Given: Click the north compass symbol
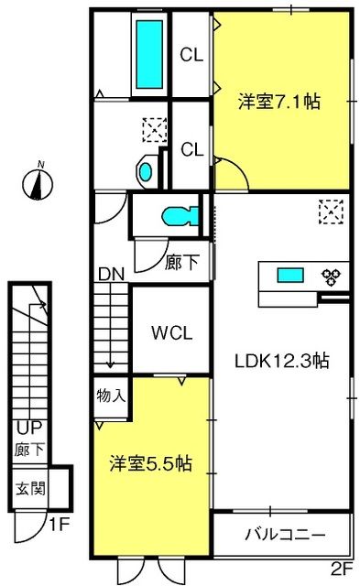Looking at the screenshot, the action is click(x=38, y=182).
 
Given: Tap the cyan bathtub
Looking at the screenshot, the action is click(x=149, y=55).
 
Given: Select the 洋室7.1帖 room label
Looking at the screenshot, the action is click(x=279, y=102).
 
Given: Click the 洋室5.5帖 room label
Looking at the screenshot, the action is click(x=150, y=463).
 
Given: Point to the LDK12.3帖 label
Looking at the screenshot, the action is click(x=282, y=361).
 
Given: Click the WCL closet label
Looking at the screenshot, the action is click(x=171, y=332).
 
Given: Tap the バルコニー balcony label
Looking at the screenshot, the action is click(x=285, y=535).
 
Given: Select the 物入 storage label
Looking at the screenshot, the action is click(x=111, y=395).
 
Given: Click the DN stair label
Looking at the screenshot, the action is click(x=111, y=275).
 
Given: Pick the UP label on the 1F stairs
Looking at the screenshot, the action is click(x=29, y=428).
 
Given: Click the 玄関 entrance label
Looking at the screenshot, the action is click(x=30, y=488).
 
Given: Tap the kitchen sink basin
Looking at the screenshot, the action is click(x=290, y=276).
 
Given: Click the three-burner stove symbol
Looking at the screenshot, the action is click(x=331, y=277).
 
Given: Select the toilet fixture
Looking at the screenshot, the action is click(x=180, y=216).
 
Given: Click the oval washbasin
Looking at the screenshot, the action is click(x=146, y=172).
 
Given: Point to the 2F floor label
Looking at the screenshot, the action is click(x=342, y=570).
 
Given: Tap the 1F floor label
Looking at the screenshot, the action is click(x=60, y=525).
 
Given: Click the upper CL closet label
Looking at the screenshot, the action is click(x=191, y=55).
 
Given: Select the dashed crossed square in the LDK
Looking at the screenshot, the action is click(x=332, y=212).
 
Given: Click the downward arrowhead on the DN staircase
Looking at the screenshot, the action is click(x=110, y=364).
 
